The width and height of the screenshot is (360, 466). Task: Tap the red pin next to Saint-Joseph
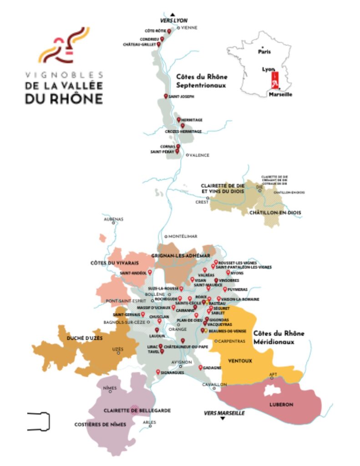click(x=166, y=96)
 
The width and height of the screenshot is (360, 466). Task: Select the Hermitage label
click(x=192, y=120)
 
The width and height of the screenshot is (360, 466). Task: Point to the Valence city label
click(x=199, y=155)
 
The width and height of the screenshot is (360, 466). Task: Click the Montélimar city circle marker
click(x=166, y=237)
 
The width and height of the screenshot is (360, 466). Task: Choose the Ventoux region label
click(x=240, y=361)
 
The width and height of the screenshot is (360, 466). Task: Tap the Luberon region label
click(x=281, y=405)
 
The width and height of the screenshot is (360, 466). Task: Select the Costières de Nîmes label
click(x=100, y=425)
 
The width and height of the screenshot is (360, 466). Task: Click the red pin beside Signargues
click(x=158, y=372)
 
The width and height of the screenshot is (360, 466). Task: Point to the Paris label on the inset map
click(x=264, y=51)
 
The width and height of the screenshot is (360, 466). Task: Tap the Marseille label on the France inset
click(x=280, y=94)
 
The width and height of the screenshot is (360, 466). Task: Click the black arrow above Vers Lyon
click(x=173, y=14)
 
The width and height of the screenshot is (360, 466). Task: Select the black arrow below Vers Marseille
click(x=223, y=419)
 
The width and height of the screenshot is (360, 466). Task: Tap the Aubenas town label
click(x=114, y=219)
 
